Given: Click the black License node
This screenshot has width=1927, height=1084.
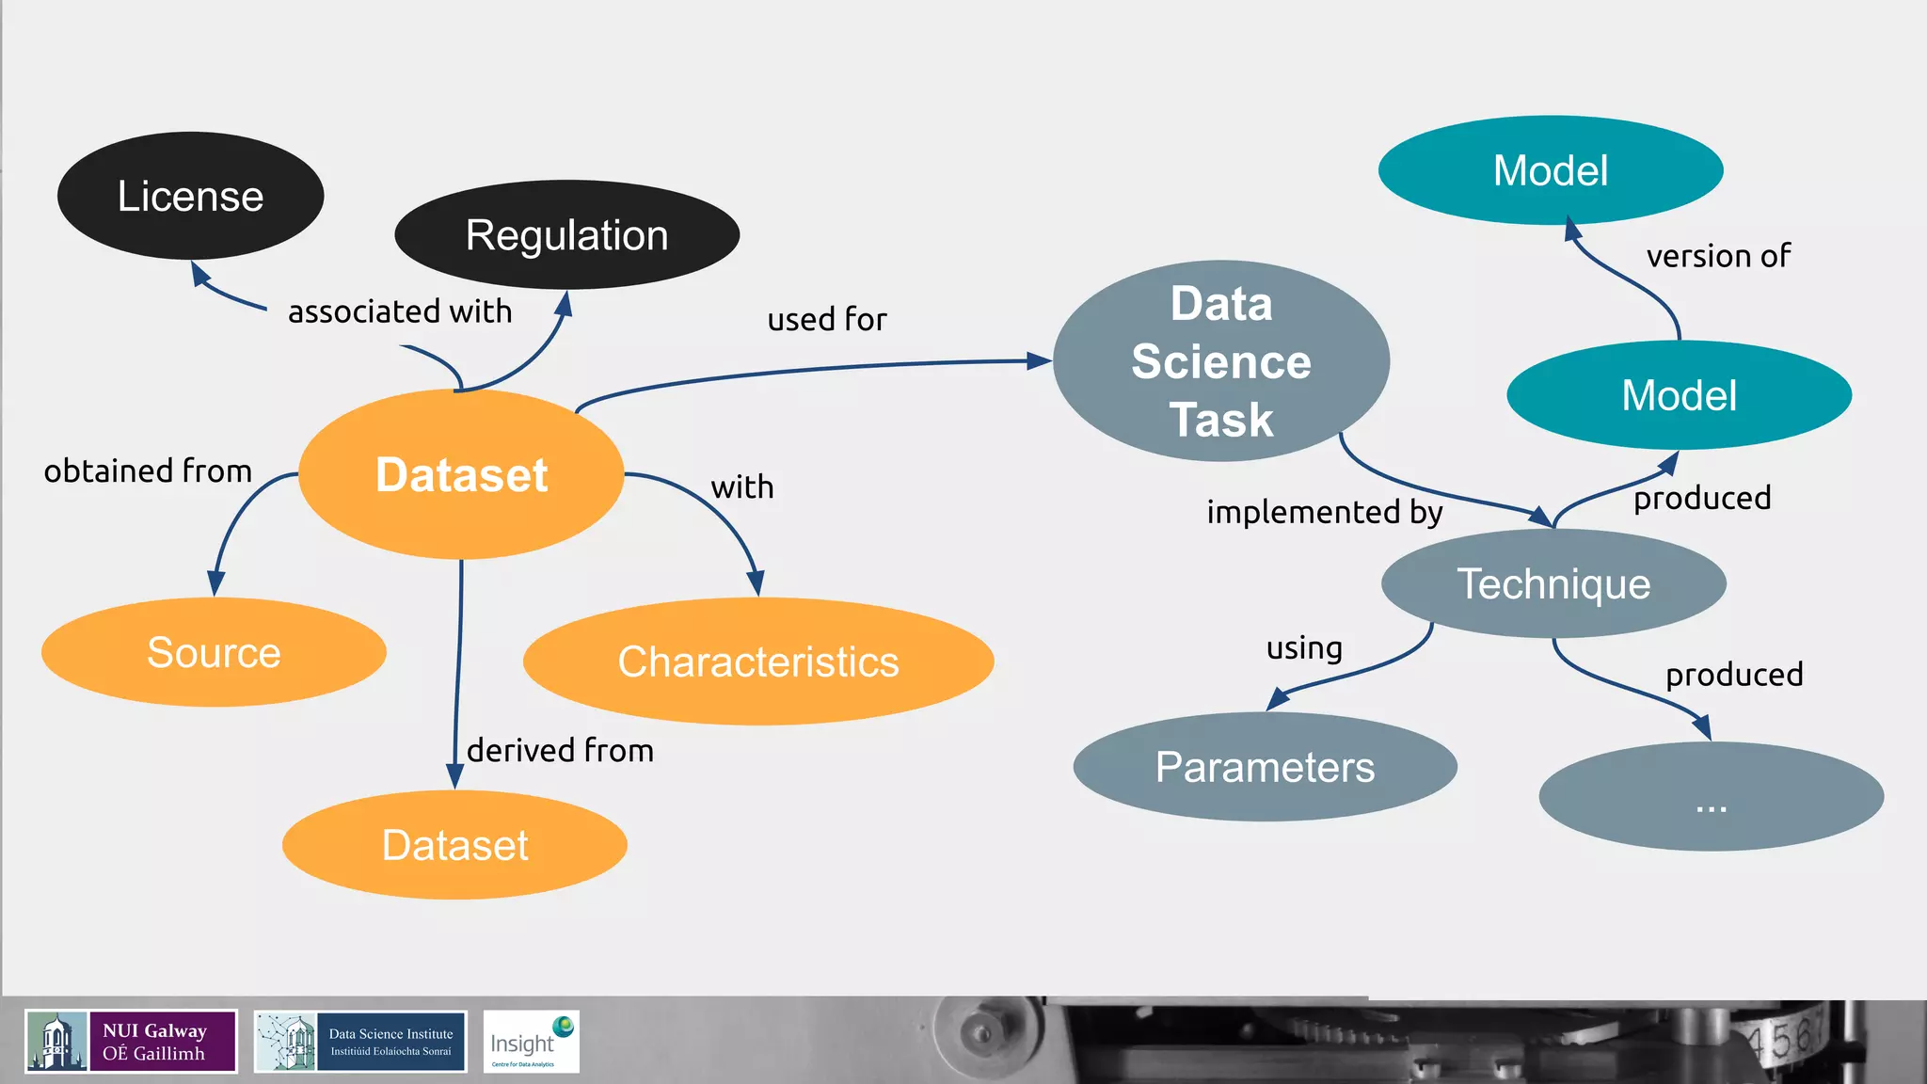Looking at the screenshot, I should point(191,196).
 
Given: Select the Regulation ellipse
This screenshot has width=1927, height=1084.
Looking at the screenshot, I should point(566,235).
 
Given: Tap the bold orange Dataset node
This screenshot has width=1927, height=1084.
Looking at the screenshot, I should point(461,474).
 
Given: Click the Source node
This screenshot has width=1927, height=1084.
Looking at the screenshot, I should point(214,652).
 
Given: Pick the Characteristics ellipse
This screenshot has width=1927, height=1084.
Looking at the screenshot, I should point(758,662).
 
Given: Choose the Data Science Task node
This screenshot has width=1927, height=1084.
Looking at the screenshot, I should point(1221,361).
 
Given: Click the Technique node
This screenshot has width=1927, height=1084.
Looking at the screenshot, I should point(1553,583).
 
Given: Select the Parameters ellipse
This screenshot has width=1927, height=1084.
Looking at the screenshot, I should point(1265,767).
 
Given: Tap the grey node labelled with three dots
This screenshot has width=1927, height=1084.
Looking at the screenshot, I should point(1711,797).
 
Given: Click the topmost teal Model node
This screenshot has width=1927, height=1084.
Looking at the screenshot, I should point(1551,170).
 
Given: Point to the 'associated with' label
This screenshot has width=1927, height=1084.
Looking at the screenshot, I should point(400,311).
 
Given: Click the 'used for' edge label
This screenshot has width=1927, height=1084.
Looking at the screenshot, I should point(827,320).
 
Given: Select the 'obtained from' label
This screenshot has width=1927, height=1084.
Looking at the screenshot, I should point(148,470).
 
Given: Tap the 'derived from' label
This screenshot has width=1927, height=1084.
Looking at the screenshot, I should point(560,750).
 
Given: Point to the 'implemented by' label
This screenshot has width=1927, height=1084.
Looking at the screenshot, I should point(1325,512).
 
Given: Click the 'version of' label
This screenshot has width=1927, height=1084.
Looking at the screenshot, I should point(1718,256).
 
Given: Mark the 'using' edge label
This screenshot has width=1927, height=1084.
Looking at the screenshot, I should point(1304,648).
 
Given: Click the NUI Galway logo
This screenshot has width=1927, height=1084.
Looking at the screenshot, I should point(131,1042).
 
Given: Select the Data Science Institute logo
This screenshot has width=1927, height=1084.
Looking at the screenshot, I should point(360,1042).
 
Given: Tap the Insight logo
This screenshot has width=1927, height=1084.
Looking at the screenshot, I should point(531,1042).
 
